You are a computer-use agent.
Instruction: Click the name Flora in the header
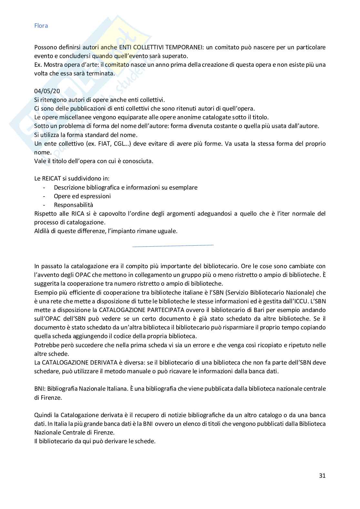coord(41,26)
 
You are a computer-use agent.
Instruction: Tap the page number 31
coord(322,475)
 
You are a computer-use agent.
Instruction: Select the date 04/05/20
coord(47,91)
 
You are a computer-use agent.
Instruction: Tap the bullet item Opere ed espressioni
coord(82,196)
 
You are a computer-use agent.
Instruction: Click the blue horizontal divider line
coord(173,246)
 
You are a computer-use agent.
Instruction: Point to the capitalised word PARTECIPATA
coord(163,310)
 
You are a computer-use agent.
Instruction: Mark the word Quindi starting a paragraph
coord(43,415)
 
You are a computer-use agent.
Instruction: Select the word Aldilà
coord(42,231)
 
